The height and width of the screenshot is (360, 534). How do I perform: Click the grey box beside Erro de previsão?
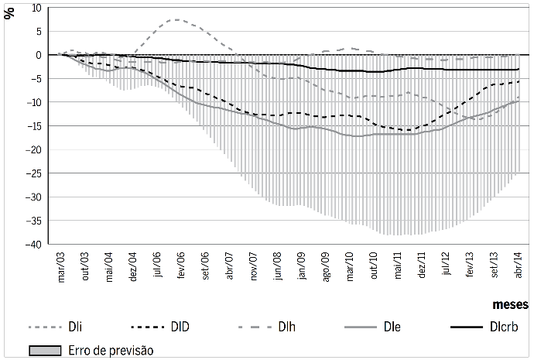point(46,350)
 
